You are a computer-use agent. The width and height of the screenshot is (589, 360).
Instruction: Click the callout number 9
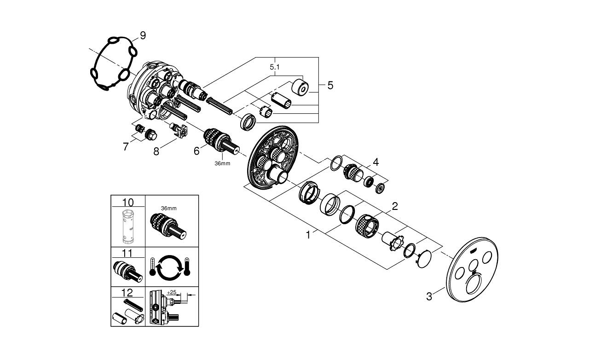pyautogui.click(x=143, y=35)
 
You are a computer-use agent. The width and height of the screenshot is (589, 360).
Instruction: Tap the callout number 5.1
pyautogui.click(x=275, y=67)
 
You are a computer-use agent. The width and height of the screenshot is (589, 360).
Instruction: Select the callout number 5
pyautogui.click(x=330, y=85)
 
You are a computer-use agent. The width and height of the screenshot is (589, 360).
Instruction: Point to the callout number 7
pyautogui.click(x=126, y=146)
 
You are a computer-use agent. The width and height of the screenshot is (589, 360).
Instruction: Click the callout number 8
pyautogui.click(x=156, y=151)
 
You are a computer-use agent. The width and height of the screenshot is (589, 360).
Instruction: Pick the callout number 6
pyautogui.click(x=196, y=151)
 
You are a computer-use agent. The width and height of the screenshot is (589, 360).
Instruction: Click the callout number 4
pyautogui.click(x=376, y=162)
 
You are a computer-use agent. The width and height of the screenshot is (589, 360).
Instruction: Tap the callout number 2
pyautogui.click(x=395, y=206)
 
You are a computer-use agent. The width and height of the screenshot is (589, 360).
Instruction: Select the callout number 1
pyautogui.click(x=308, y=235)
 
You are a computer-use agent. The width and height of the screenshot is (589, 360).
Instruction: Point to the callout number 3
pyautogui.click(x=429, y=296)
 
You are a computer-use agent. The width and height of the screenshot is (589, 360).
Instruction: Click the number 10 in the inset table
pyautogui.click(x=128, y=203)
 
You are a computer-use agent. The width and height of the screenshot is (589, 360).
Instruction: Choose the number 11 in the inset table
pyautogui.click(x=127, y=253)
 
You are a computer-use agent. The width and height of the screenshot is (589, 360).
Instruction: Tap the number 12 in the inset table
pyautogui.click(x=127, y=293)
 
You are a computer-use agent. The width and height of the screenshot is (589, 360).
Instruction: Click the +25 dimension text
pyautogui.click(x=172, y=292)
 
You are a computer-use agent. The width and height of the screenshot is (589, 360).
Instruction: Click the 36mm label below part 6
pyautogui.click(x=222, y=163)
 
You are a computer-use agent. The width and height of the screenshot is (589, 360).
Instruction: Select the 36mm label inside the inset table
pyautogui.click(x=169, y=209)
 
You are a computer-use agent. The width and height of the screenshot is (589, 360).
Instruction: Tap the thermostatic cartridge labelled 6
pyautogui.click(x=221, y=141)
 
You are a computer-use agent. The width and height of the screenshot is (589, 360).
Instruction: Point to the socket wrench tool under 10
pyautogui.click(x=128, y=226)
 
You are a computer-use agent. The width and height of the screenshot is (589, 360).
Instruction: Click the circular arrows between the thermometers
pyautogui.click(x=170, y=267)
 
